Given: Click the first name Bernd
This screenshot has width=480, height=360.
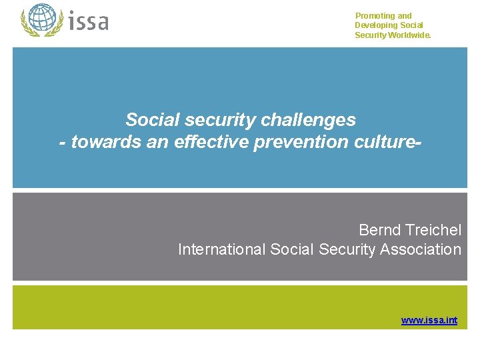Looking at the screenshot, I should [379, 230].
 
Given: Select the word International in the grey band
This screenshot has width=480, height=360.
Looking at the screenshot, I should [222, 249].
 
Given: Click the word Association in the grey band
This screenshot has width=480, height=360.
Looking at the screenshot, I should [421, 249].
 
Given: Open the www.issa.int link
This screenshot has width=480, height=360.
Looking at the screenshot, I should [429, 321].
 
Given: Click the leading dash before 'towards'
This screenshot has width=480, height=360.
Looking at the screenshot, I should [63, 143].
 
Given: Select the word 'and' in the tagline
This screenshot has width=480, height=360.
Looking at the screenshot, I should [405, 16].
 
